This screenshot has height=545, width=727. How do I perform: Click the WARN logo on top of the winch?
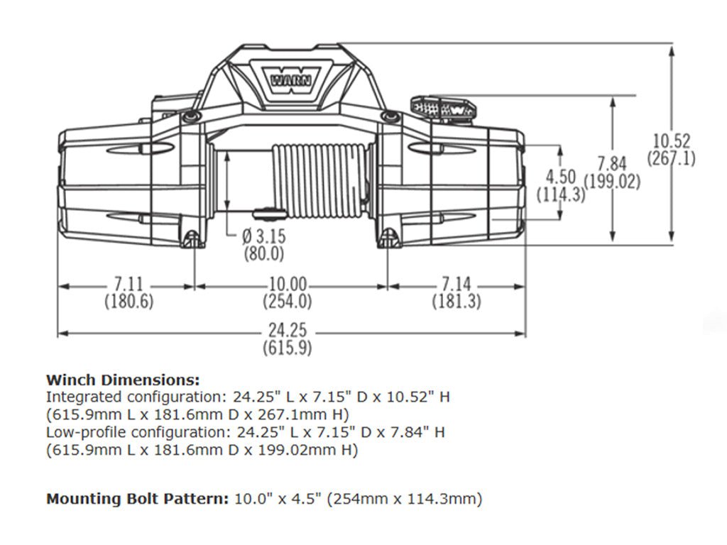[291, 77]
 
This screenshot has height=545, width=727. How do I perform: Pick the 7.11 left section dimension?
[129, 285]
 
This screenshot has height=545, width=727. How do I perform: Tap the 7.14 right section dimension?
[457, 285]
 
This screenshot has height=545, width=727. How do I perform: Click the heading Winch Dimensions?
[123, 380]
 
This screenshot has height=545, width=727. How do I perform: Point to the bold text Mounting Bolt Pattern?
[138, 499]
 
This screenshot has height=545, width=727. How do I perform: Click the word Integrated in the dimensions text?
[78, 397]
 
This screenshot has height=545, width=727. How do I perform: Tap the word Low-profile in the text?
[78, 432]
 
